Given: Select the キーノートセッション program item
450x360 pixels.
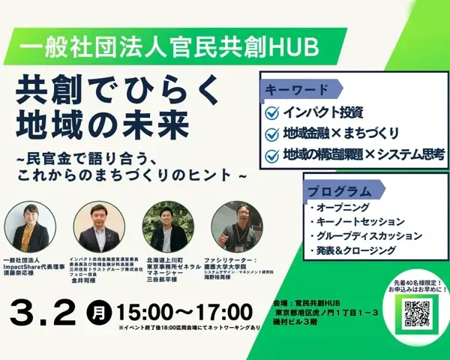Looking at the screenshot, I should coord(356,222).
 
